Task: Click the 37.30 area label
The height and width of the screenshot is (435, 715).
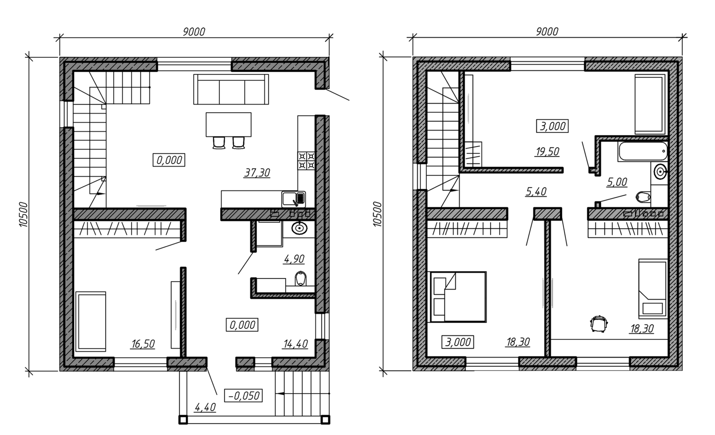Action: click(x=257, y=173)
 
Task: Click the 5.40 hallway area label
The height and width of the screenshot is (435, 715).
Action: click(x=536, y=192)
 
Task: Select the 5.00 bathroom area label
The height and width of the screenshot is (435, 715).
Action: click(x=616, y=182)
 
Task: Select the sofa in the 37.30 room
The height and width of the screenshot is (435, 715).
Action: click(x=232, y=89)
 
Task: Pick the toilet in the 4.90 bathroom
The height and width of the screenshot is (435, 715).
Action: click(x=301, y=279)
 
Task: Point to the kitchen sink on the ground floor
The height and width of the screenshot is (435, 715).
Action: click(x=294, y=198)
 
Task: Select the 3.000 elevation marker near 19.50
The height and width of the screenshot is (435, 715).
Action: click(x=553, y=126)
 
